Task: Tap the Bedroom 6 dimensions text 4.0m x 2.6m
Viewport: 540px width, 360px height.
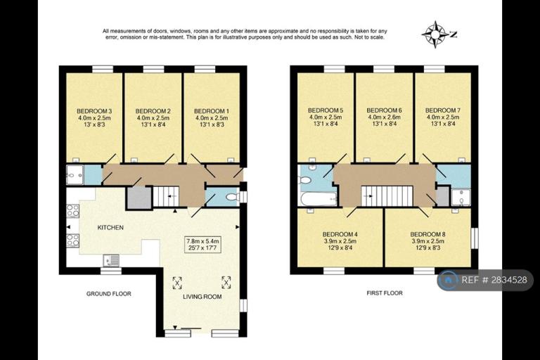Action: coord(384,117)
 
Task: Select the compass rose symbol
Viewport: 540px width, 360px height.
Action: coord(436,34)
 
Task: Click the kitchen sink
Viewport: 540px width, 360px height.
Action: coord(111,260)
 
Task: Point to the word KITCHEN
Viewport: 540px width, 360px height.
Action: coord(110,228)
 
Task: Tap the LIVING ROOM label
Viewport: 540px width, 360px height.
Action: coord(202,297)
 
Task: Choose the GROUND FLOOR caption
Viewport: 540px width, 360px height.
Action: coord(108,294)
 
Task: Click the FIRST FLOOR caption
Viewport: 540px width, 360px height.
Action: coord(385,293)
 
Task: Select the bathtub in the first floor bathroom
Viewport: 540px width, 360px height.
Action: coord(318,199)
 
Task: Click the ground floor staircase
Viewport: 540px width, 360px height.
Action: coord(167,196)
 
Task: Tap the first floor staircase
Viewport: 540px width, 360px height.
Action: coord(387,196)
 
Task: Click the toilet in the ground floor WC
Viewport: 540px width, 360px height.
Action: coord(233,197)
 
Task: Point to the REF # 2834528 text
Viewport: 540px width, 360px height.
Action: coord(494,280)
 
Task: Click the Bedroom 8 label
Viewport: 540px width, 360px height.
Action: coord(427,234)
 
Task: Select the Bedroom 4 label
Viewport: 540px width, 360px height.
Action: coord(340,234)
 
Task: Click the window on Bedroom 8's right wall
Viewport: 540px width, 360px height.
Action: coord(475,238)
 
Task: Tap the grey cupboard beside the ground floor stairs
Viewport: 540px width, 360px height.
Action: coord(139,198)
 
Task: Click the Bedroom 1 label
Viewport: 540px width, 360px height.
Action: coord(212,111)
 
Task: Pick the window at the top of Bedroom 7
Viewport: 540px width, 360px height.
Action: coord(435,69)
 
